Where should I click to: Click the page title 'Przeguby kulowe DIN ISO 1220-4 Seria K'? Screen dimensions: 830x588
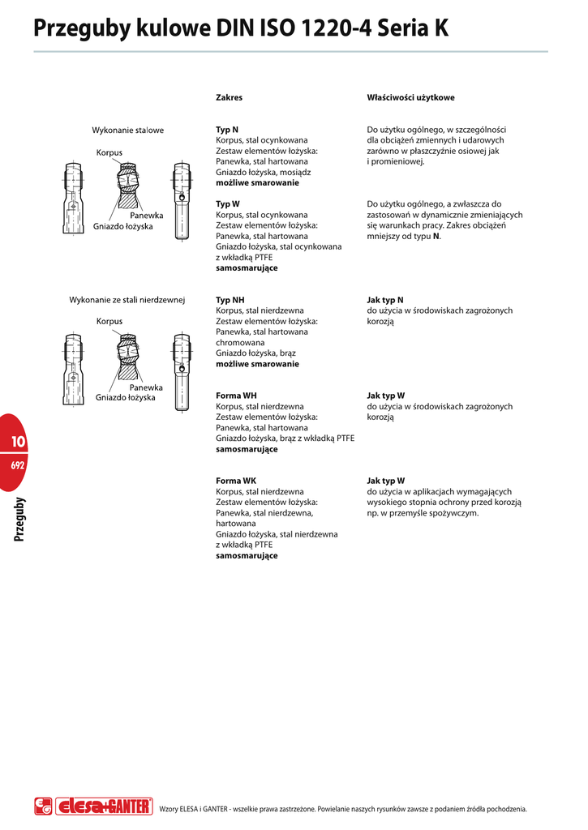click(x=241, y=30)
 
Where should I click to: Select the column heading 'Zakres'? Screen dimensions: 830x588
click(x=229, y=97)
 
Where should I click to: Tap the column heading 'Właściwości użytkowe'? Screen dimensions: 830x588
click(x=410, y=97)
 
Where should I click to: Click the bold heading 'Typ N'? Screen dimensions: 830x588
click(x=227, y=130)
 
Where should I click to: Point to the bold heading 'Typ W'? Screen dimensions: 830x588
click(x=228, y=204)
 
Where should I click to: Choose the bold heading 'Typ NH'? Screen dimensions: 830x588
click(x=230, y=300)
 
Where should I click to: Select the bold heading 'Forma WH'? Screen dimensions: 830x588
click(x=236, y=396)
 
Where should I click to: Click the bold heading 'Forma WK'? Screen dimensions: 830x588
click(x=235, y=481)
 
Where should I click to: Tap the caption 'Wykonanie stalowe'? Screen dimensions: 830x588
click(x=128, y=130)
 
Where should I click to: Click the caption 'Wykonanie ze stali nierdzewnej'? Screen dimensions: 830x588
click(x=128, y=300)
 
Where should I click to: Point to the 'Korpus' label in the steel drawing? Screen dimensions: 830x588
click(x=109, y=152)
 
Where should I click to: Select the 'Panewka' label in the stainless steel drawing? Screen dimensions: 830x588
click(x=146, y=387)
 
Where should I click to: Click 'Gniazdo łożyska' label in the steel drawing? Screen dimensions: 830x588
click(x=123, y=226)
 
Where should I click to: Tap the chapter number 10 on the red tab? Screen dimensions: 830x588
click(x=19, y=442)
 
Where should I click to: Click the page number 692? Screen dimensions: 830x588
click(x=18, y=466)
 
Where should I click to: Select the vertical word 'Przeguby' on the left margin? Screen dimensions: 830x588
click(x=19, y=520)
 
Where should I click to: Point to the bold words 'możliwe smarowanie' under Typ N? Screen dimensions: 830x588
click(x=257, y=183)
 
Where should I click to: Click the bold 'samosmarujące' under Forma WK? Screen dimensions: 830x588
click(x=247, y=556)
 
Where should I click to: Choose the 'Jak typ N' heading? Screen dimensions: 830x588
click(x=385, y=300)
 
